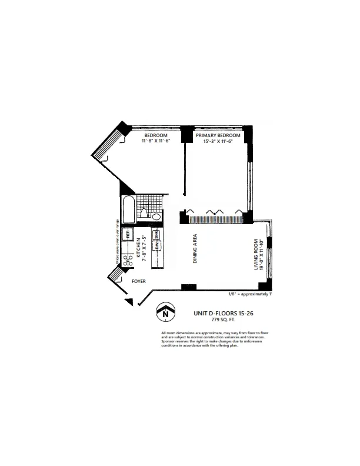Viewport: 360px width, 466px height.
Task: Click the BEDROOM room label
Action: click(x=156, y=135)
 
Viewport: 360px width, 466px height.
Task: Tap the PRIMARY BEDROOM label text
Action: click(x=218, y=135)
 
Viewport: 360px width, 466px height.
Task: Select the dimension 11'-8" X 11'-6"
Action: click(x=156, y=141)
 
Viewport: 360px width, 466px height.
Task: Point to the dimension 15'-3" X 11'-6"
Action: click(x=218, y=141)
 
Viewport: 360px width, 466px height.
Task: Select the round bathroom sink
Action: click(x=156, y=217)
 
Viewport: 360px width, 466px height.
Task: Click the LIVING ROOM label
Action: click(x=256, y=254)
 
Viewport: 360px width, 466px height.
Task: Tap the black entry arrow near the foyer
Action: click(x=129, y=301)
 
